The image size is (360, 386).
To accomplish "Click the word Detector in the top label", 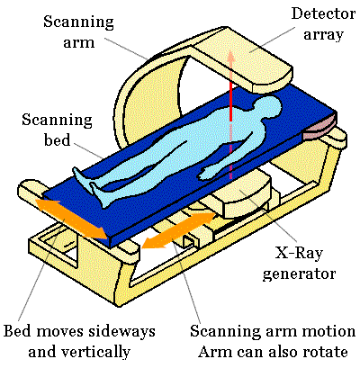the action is pos(323,14).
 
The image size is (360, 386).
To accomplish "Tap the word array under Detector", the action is pos(323,35).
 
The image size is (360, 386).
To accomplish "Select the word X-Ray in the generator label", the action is pos(299,253).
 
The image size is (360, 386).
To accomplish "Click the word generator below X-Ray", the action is pos(299,274).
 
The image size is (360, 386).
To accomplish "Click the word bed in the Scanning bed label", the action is pos(57,139).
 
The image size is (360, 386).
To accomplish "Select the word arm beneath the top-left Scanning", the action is pos(79,42).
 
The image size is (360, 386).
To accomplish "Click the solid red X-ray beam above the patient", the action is pos(230,101).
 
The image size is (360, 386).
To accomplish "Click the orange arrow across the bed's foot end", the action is pos(71,219).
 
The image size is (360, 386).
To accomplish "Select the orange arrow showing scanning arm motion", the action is pos(178,230).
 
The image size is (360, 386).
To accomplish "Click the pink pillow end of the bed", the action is pos(319,128).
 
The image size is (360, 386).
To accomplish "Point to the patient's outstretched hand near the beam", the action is pos(209,173).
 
